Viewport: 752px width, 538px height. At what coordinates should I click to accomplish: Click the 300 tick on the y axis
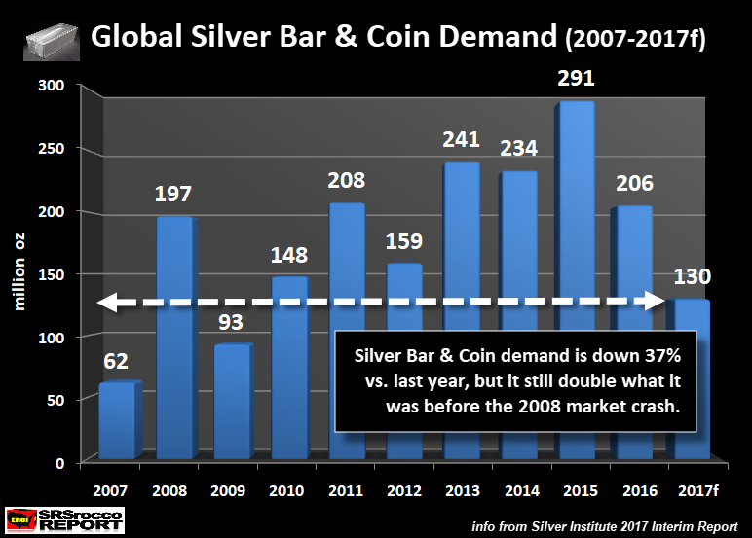coord(51,86)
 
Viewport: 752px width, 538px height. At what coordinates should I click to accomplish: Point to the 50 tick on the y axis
coord(55,400)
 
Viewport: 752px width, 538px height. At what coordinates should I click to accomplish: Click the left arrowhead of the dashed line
coord(104,304)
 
